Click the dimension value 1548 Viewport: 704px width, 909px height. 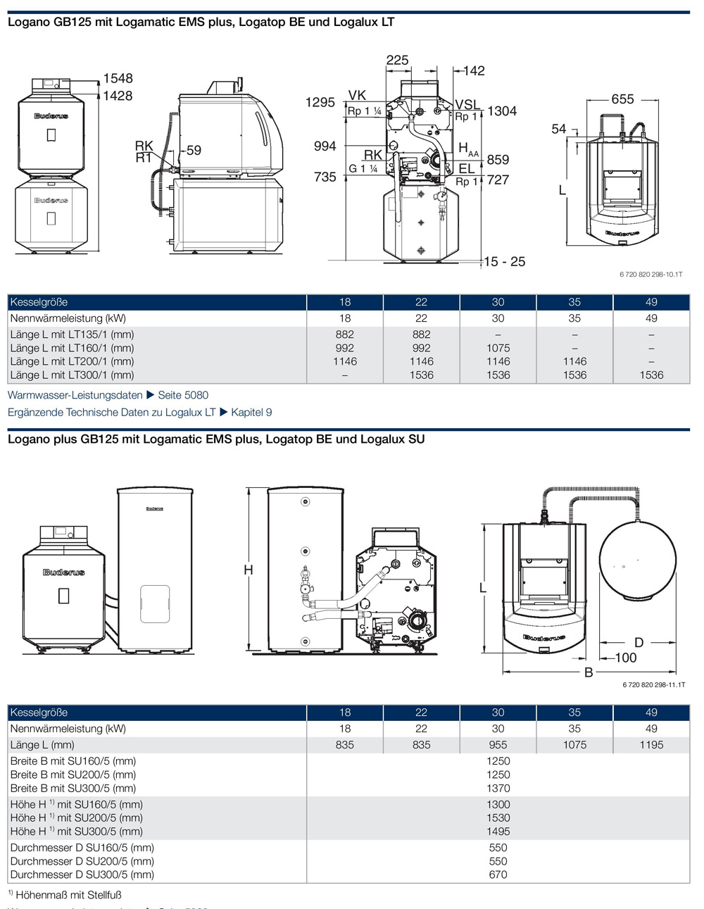coord(118,78)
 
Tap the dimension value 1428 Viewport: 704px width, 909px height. coord(118,96)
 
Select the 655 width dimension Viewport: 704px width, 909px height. coord(622,99)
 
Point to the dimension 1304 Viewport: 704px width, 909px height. coord(502,111)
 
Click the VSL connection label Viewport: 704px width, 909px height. coord(467,106)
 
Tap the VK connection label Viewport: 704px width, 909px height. coord(357,96)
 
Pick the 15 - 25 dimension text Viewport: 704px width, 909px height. coord(505,262)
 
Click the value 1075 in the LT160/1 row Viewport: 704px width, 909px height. coord(498,348)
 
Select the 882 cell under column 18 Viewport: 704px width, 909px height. coord(345,334)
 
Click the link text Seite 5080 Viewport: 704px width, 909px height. coord(183,395)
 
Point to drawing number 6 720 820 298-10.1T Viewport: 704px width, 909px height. coord(650,275)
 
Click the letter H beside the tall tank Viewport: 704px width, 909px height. coord(249,570)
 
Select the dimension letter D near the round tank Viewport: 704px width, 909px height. coord(639,642)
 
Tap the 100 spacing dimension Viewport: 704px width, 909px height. coord(625,658)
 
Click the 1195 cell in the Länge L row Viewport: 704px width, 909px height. coord(651,744)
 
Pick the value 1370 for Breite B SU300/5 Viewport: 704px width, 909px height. coord(498,788)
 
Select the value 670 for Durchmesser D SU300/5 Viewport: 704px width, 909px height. coord(498,874)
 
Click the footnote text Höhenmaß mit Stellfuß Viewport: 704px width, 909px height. coord(68,895)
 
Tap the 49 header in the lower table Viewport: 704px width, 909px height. coord(651,713)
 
